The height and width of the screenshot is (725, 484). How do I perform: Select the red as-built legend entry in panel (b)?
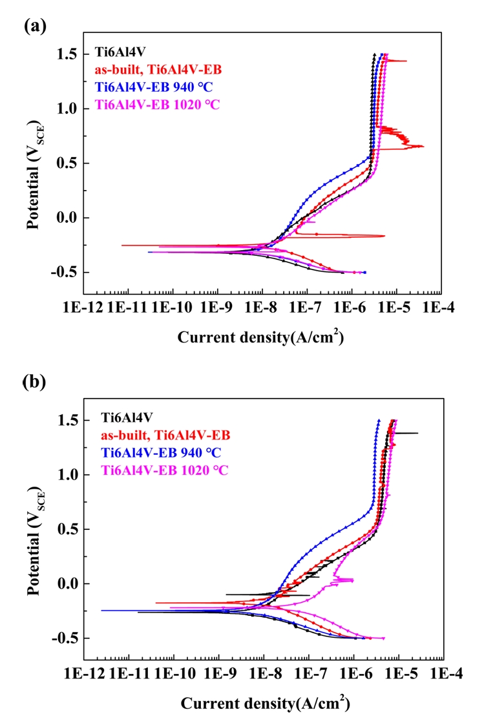click(165, 436)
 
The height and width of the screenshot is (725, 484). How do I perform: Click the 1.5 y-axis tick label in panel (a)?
click(67, 55)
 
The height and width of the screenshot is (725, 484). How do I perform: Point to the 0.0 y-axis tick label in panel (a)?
click(67, 218)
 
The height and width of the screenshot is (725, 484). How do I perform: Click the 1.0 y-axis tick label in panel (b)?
click(67, 475)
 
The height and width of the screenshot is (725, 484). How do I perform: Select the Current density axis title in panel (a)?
click(260, 337)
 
